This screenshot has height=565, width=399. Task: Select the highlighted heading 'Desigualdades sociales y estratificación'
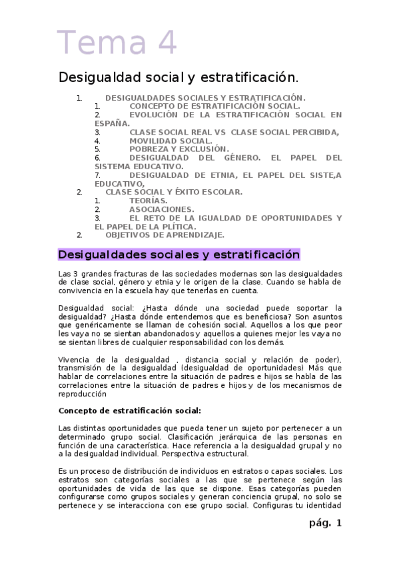coord(179,255)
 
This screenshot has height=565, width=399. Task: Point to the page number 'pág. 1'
coord(325,523)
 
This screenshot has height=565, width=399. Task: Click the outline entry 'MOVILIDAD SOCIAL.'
coord(171,141)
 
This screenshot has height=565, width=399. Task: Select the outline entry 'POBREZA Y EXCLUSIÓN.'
coord(179,149)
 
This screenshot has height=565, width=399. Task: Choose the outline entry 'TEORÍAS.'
coord(149,201)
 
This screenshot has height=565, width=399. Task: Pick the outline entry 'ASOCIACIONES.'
coord(162,209)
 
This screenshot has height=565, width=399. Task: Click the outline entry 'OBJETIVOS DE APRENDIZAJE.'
coord(165,235)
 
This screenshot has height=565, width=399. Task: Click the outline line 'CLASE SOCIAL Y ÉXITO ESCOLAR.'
coord(174,192)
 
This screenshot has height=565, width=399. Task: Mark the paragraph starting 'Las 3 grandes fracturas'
coord(200,282)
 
